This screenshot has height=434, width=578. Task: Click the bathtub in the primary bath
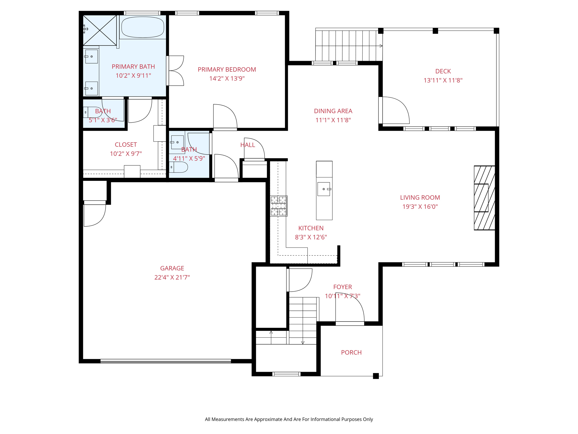pos(143,27)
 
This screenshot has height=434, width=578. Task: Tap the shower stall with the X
pos(100,30)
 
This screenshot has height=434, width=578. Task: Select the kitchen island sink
pos(324,189)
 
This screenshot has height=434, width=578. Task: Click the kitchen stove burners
pos(279,206)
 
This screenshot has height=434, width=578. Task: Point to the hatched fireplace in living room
pos(484,198)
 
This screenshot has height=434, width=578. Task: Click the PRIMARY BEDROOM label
pos(227,70)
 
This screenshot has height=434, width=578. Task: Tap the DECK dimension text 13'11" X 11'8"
pos(443,80)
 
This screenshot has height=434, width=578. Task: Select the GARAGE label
pos(172,268)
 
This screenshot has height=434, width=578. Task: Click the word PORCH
pos(351,352)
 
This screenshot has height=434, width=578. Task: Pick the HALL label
pos(248,145)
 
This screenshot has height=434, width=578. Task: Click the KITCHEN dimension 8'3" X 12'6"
pos(311,237)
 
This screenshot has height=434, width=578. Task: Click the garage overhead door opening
pos(166,361)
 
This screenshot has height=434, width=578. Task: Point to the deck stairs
pos(348,45)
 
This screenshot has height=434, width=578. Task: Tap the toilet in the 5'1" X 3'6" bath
pos(92,112)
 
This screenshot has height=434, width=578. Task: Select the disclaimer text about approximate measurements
pos(289,419)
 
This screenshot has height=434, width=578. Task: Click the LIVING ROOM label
pos(420,198)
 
